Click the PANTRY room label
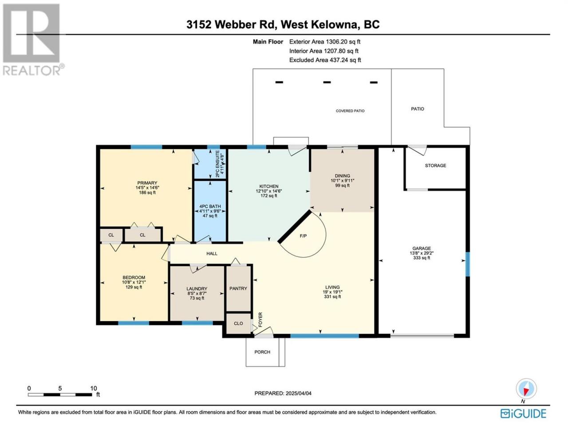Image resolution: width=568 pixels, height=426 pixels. pyautogui.click(x=238, y=288)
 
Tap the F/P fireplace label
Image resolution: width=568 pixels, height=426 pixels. pyautogui.click(x=303, y=236)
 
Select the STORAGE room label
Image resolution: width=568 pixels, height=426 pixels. pyautogui.click(x=435, y=166)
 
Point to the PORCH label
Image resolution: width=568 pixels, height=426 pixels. pyautogui.click(x=262, y=352)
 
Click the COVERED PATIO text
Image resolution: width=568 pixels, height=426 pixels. pyautogui.click(x=350, y=110)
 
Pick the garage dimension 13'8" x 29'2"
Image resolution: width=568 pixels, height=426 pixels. pyautogui.click(x=422, y=253)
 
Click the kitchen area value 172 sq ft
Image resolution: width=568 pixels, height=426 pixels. pyautogui.click(x=269, y=196)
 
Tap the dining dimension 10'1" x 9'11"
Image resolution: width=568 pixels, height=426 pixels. pyautogui.click(x=342, y=181)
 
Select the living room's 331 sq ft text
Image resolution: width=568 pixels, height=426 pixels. pyautogui.click(x=332, y=297)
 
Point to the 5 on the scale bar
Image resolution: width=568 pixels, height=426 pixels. pyautogui.click(x=60, y=388)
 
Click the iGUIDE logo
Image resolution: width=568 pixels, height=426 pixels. pyautogui.click(x=523, y=414)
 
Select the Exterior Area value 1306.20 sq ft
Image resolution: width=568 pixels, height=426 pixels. pyautogui.click(x=343, y=42)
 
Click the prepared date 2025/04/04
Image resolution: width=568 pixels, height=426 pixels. pyautogui.click(x=298, y=394)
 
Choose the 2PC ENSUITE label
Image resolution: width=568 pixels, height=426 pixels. pyautogui.click(x=217, y=163)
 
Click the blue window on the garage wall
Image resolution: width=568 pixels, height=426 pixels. pyautogui.click(x=467, y=264)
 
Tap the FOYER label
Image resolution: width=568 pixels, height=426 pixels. pyautogui.click(x=260, y=319)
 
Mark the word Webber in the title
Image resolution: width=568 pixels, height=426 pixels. pyautogui.click(x=235, y=24)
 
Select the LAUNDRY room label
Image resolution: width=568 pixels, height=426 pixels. pyautogui.click(x=197, y=288)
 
